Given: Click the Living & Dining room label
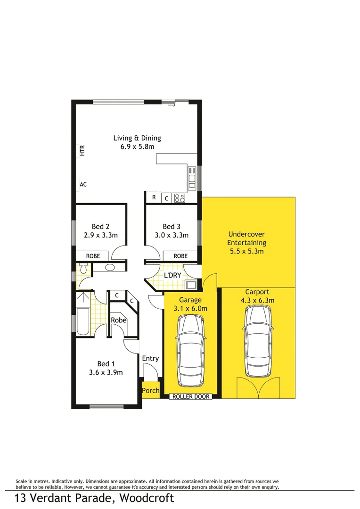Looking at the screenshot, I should (137, 138).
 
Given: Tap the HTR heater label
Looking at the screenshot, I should (82, 150).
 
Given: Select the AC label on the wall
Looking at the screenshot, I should (83, 185).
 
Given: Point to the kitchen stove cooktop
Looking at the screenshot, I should (180, 198).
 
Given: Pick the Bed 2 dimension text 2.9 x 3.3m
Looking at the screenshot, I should (101, 235).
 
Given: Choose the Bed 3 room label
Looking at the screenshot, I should (172, 226).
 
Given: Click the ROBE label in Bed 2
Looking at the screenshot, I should (93, 256).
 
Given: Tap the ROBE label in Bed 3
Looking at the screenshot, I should (180, 256).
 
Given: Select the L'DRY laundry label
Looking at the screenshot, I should (172, 275).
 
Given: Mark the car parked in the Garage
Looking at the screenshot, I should (191, 349).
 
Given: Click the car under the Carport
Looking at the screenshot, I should (258, 340).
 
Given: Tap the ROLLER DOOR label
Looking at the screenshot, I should (190, 397).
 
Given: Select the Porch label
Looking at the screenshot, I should (150, 391).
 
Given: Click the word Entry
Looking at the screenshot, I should (150, 359).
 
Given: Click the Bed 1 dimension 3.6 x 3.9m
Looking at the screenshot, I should (106, 372).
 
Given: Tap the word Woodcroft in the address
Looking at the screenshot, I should (147, 498).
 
